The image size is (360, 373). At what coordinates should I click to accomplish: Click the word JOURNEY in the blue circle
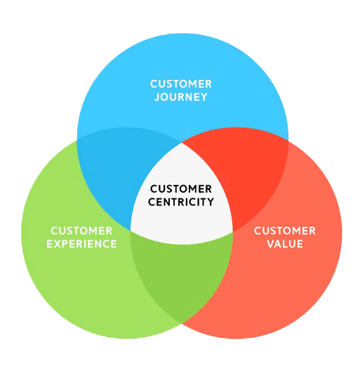pos(181,97)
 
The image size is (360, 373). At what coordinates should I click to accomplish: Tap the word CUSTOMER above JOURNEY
pos(181,84)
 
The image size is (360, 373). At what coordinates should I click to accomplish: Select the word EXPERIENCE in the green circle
pos(82,244)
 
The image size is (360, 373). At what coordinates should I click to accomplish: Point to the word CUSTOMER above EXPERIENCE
pos(82,231)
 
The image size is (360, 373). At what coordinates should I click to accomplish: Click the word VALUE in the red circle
pos(285,244)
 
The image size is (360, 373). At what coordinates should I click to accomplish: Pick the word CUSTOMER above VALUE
pos(285,231)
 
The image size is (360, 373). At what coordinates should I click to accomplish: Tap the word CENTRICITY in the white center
pos(181,203)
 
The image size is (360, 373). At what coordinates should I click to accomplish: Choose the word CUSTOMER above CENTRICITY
pos(181,189)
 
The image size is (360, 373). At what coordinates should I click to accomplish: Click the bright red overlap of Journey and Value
pos(249,175)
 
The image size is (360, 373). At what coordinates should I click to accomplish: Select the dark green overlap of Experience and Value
pos(181,280)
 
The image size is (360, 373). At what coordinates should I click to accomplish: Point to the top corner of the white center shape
pos(182,144)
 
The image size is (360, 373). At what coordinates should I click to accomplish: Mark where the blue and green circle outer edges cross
pos(76,139)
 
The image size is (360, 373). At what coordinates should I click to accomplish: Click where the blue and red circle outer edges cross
pos(288,139)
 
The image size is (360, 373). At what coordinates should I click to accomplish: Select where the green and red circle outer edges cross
pos(182,323)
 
